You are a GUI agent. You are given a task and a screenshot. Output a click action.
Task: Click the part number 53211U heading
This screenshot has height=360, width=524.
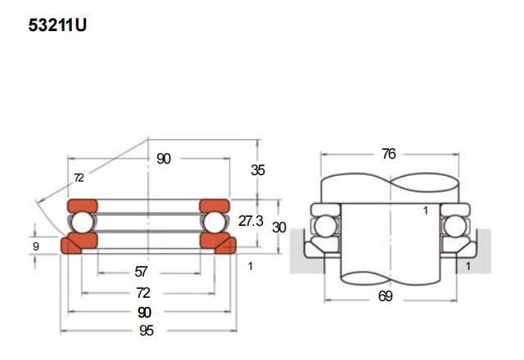57,25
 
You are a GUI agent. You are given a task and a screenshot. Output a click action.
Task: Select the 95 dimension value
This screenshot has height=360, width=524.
147,331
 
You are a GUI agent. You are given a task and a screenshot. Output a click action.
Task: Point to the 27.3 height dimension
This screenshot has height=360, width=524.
251,222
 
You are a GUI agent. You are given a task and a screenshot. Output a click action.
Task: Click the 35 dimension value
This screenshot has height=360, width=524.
258,170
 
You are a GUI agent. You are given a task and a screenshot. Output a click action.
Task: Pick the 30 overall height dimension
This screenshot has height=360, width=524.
279,227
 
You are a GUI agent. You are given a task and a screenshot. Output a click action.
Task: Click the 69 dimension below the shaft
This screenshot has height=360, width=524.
385,296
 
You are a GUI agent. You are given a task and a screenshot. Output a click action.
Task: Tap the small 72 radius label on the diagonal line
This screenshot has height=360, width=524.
79,178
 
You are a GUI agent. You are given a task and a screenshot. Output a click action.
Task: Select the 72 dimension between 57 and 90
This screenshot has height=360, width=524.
142,292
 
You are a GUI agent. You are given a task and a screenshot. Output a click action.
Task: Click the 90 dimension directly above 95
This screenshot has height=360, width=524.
144,312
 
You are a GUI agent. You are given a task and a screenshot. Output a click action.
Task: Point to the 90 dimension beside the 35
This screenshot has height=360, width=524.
164,159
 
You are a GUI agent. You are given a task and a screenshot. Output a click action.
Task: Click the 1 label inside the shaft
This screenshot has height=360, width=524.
425,210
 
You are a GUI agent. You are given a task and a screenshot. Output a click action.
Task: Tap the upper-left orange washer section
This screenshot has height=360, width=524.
83,205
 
